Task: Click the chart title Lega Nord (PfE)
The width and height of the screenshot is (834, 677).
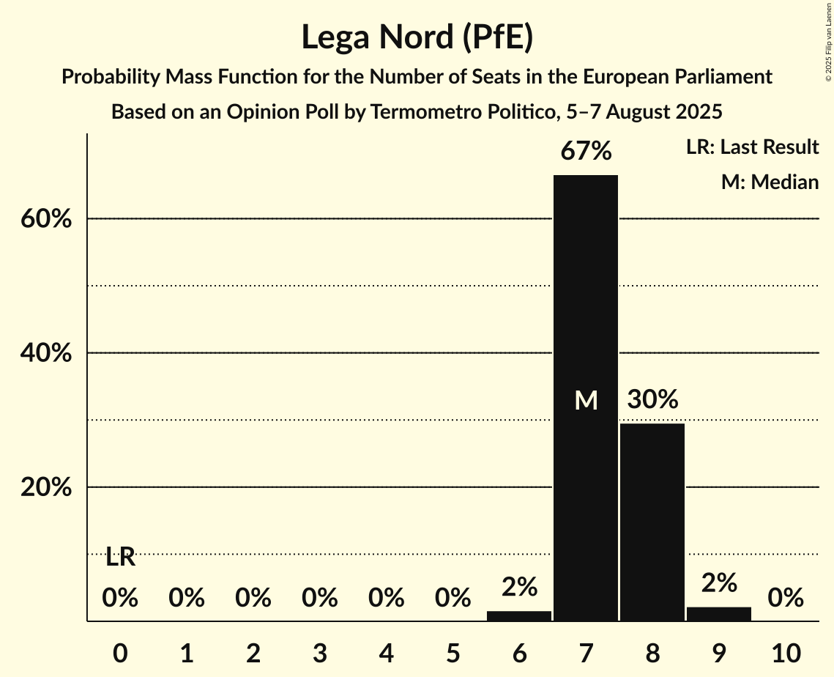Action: click(417, 37)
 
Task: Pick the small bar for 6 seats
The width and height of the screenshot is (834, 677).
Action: click(519, 616)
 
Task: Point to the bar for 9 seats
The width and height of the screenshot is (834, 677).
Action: click(718, 614)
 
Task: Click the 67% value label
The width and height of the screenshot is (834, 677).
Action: click(586, 152)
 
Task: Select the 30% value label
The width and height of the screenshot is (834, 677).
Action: click(652, 400)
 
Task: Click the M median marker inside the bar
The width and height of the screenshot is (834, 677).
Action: click(586, 400)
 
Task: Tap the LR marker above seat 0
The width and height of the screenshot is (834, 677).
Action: click(120, 558)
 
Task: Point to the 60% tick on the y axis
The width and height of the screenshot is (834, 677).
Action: click(46, 219)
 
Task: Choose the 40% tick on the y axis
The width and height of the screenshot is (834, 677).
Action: click(46, 353)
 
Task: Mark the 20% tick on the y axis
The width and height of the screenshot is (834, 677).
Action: click(46, 487)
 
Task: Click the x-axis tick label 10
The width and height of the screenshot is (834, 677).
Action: click(785, 651)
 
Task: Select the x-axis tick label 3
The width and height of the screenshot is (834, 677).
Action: click(320, 651)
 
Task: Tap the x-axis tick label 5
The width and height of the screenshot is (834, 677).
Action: click(453, 651)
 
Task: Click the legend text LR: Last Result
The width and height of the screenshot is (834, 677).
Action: click(752, 147)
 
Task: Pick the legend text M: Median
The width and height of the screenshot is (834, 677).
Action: click(770, 182)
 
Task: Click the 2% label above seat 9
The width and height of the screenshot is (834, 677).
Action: click(718, 582)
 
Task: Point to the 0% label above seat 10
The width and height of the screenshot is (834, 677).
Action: click(785, 599)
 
